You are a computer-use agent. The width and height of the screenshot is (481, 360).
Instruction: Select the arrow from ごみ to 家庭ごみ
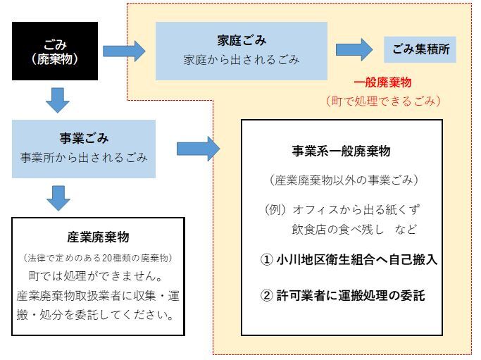tap(123, 51)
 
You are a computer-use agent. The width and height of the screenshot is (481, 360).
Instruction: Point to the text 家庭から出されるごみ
tap(241, 60)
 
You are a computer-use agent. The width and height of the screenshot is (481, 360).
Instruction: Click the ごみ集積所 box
tap(420, 50)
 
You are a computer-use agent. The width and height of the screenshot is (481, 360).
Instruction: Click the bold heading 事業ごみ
tap(84, 139)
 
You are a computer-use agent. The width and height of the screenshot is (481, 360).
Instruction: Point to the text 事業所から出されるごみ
tap(84, 157)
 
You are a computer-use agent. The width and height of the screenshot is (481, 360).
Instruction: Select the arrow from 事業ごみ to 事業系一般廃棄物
tap(198, 148)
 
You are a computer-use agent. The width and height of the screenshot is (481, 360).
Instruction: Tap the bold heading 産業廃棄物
tap(98, 237)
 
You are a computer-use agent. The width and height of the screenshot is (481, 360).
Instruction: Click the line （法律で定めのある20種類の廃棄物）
tap(98, 257)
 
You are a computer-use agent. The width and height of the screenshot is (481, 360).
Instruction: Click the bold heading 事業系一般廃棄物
tap(341, 151)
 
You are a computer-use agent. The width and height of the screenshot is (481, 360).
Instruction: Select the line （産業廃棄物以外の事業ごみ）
tap(341, 180)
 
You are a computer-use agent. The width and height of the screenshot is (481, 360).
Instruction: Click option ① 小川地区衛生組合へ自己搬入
tap(349, 259)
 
